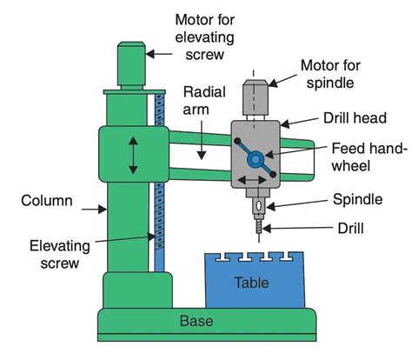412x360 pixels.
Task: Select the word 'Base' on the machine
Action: (x=196, y=321)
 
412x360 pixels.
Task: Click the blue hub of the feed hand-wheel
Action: (x=255, y=160)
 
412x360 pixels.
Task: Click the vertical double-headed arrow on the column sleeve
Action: (x=132, y=156)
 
